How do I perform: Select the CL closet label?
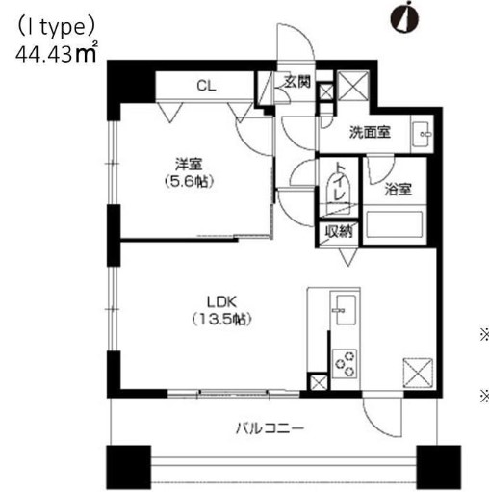[206, 86]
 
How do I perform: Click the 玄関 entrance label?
[296, 83]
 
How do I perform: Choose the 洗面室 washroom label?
[371, 133]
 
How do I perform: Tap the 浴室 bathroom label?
[398, 189]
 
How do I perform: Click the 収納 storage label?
[338, 230]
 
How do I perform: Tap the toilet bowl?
[342, 194]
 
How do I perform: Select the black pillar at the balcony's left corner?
[124, 467]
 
